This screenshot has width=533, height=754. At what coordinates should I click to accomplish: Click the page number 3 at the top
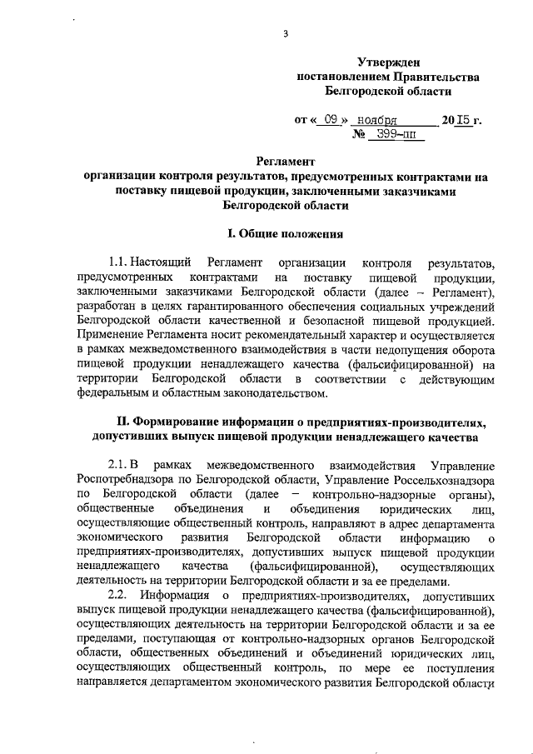coord(285,34)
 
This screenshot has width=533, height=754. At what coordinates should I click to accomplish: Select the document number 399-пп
coord(396,135)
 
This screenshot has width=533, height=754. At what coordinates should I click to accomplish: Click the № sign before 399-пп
coord(361,135)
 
